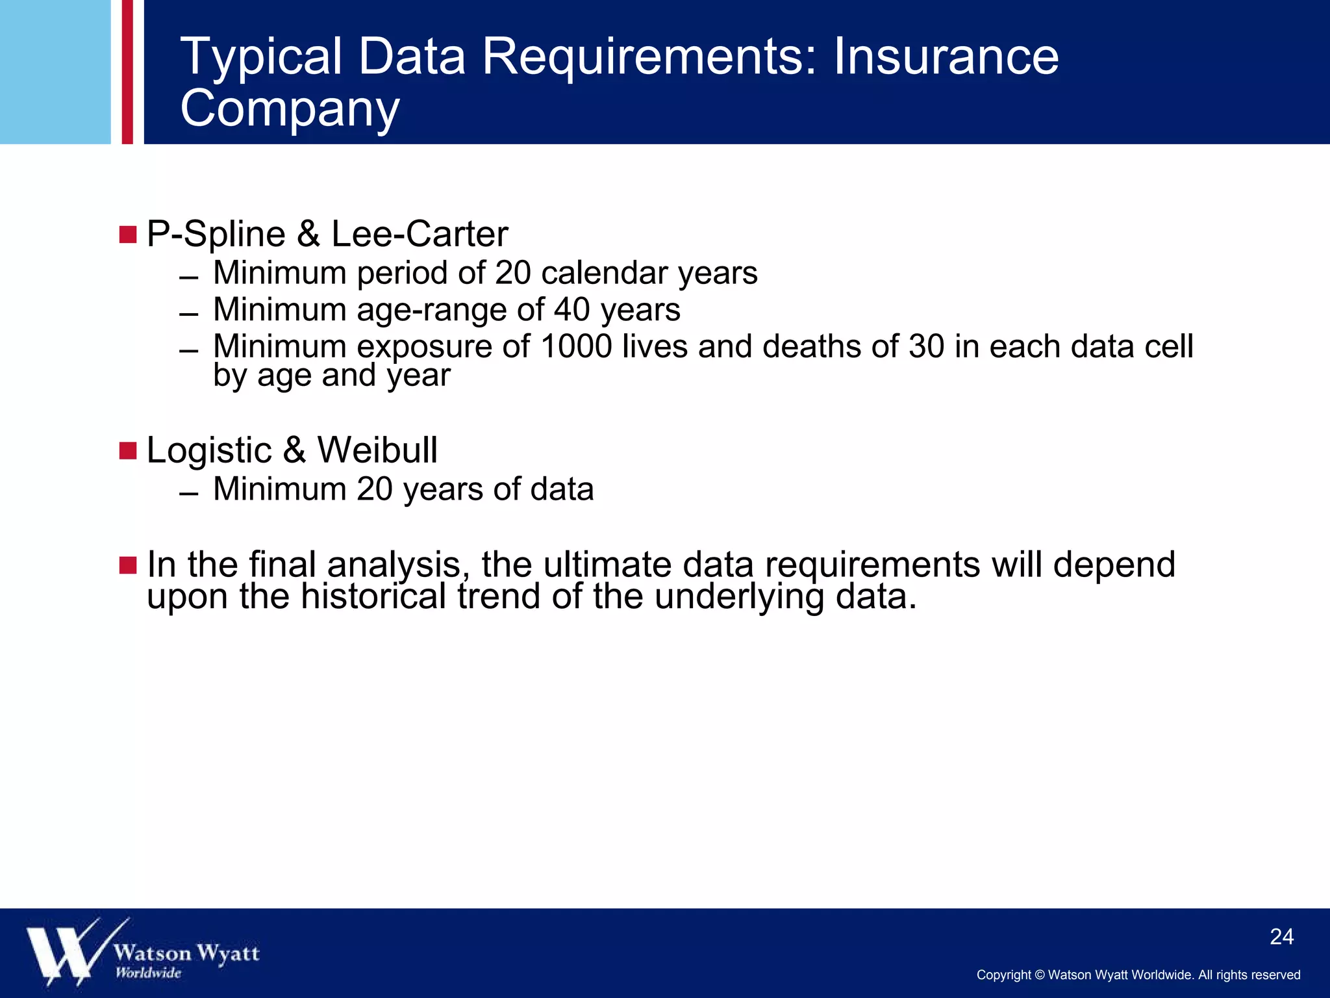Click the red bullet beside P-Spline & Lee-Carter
[128, 235]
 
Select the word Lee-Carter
[420, 234]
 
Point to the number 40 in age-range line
[571, 309]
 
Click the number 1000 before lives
[575, 346]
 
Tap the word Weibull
[377, 450]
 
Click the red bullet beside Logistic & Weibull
[128, 450]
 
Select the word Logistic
[209, 450]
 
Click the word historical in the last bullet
[373, 596]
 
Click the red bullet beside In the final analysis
[128, 565]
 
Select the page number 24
[1281, 936]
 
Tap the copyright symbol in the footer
[1039, 975]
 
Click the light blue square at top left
[55, 71]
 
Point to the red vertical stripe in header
[127, 71]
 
